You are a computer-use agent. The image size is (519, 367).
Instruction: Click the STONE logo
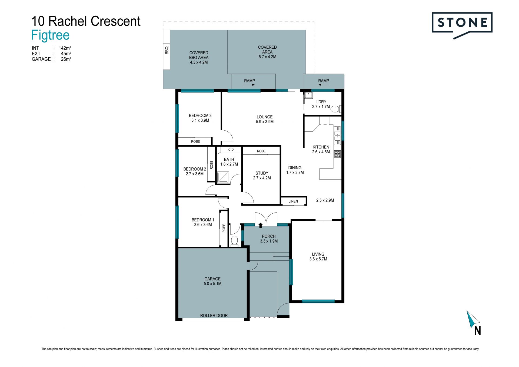462,25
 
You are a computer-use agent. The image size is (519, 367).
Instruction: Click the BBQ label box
167,50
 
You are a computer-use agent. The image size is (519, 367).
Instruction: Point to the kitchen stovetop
337,154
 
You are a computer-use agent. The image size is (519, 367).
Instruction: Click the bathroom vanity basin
231,149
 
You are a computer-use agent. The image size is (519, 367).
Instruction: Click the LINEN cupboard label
293,201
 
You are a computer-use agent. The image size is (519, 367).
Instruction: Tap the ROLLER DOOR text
214,315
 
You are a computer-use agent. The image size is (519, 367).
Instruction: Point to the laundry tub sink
308,95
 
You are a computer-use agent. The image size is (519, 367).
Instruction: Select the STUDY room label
262,173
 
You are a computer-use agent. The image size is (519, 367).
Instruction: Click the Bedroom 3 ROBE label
195,141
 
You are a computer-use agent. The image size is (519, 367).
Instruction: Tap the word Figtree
51,35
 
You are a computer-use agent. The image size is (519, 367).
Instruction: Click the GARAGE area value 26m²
66,59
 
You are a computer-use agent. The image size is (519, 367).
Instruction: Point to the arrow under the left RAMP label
249,85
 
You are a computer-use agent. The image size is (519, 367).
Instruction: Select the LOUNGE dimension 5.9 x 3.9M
265,122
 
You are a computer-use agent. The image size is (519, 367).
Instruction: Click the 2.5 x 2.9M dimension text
325,200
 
